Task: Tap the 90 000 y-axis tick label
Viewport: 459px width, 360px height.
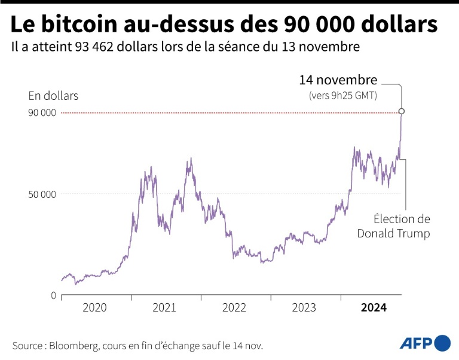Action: pyautogui.click(x=42, y=112)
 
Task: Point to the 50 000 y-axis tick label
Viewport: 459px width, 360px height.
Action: pyautogui.click(x=42, y=194)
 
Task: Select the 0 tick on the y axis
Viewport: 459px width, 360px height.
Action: pyautogui.click(x=53, y=295)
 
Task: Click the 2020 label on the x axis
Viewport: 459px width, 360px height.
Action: pyautogui.click(x=94, y=308)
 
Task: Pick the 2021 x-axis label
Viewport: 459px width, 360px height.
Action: pyautogui.click(x=164, y=308)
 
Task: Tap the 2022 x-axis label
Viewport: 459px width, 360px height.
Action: pyautogui.click(x=234, y=308)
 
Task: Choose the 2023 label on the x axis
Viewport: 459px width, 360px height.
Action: pyautogui.click(x=304, y=308)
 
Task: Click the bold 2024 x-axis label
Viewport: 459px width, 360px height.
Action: pyautogui.click(x=374, y=308)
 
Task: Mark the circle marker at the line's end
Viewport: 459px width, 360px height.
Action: pyautogui.click(x=402, y=111)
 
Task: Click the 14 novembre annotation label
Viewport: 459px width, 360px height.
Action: pyautogui.click(x=338, y=80)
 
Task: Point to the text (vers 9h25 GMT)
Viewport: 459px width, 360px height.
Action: pyautogui.click(x=342, y=95)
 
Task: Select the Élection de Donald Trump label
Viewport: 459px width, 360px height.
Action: pyautogui.click(x=393, y=227)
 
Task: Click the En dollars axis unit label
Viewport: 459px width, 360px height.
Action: pyautogui.click(x=53, y=96)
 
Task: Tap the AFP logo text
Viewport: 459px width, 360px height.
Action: pyautogui.click(x=417, y=343)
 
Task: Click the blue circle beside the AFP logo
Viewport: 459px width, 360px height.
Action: pyautogui.click(x=443, y=343)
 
